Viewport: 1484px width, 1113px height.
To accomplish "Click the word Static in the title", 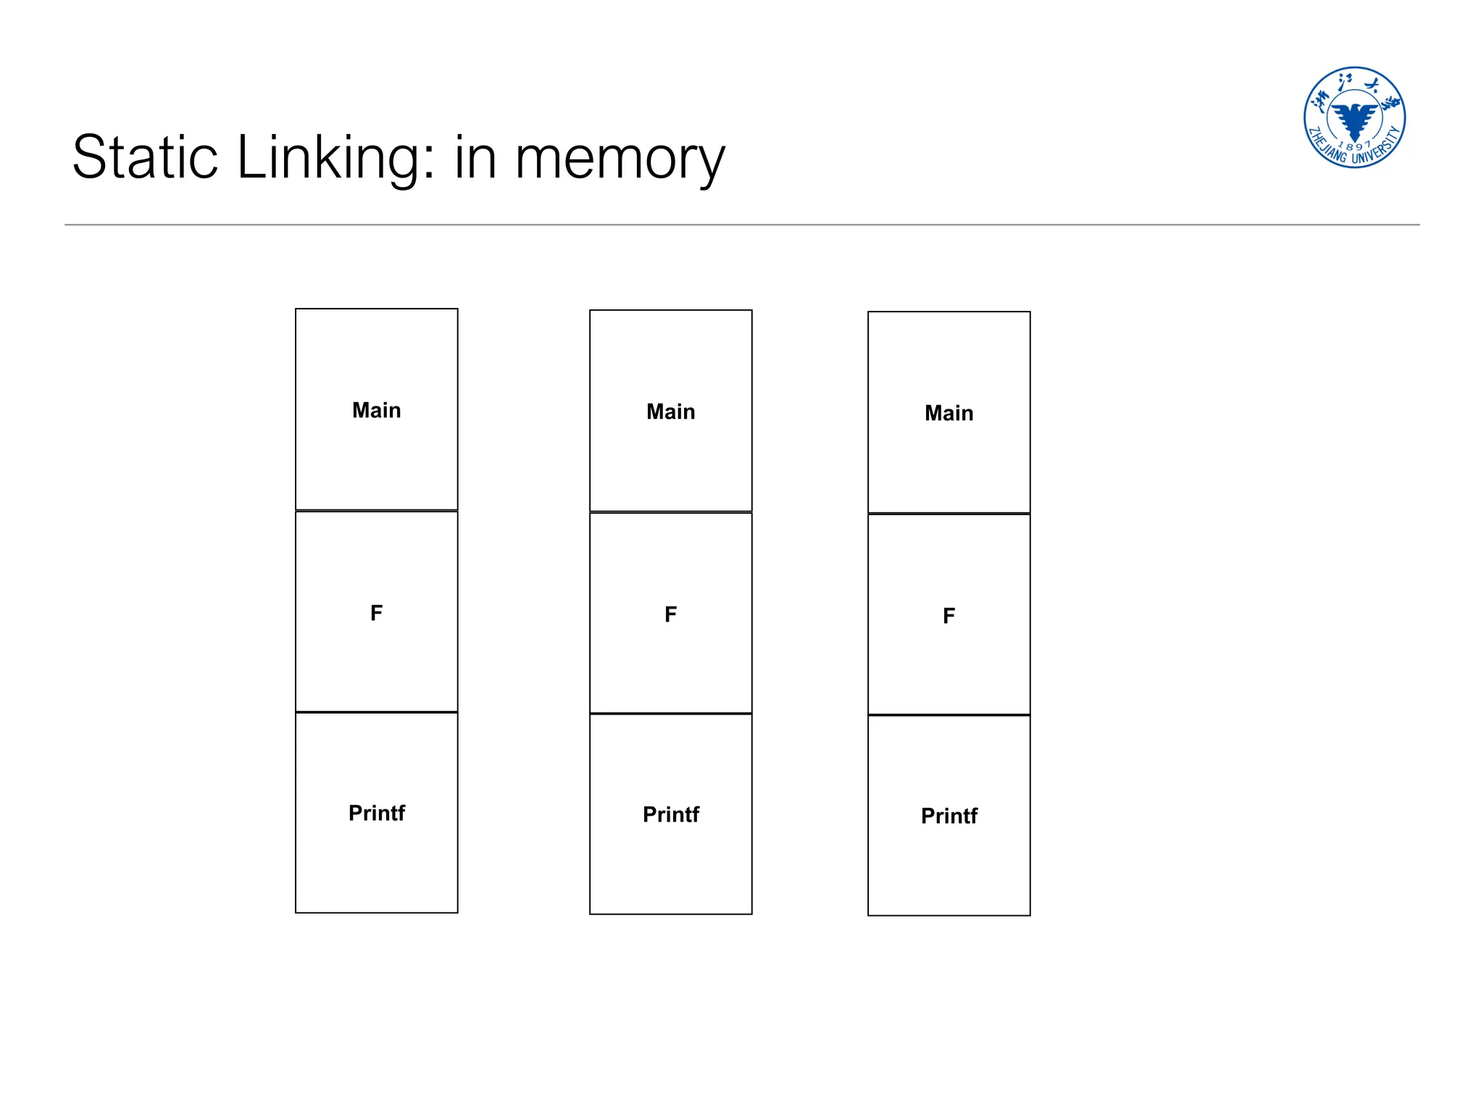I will (x=145, y=157).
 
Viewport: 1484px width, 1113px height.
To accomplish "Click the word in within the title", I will (x=475, y=157).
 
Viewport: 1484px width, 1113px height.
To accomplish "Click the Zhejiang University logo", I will (x=1354, y=117).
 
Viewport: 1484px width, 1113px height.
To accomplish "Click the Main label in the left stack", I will (x=376, y=410).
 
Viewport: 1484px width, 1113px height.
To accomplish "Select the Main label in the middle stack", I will (x=670, y=412).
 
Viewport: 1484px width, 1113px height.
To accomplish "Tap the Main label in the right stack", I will (x=949, y=413).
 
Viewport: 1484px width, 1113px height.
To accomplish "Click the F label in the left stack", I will (x=376, y=613).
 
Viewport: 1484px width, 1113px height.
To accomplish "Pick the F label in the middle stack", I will (x=670, y=614).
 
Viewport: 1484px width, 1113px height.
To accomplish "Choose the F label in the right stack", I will (x=949, y=616).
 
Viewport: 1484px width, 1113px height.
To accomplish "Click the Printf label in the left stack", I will (x=376, y=813).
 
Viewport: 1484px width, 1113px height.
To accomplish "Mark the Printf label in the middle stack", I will (x=670, y=814).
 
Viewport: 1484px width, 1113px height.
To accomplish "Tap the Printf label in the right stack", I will (x=949, y=816).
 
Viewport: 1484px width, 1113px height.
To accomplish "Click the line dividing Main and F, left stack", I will (x=376, y=511).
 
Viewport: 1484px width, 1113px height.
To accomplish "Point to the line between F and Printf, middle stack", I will (x=670, y=714).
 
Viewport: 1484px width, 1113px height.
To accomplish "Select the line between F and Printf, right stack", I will (x=949, y=715).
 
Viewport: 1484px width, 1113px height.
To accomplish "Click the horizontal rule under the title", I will (x=742, y=225).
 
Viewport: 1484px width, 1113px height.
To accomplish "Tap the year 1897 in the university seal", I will (x=1354, y=145).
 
